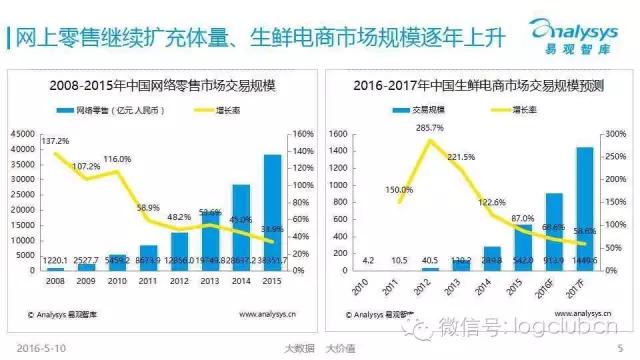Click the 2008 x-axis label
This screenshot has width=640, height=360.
coord(55,281)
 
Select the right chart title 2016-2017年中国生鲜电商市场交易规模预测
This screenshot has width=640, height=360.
coord(477,84)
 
